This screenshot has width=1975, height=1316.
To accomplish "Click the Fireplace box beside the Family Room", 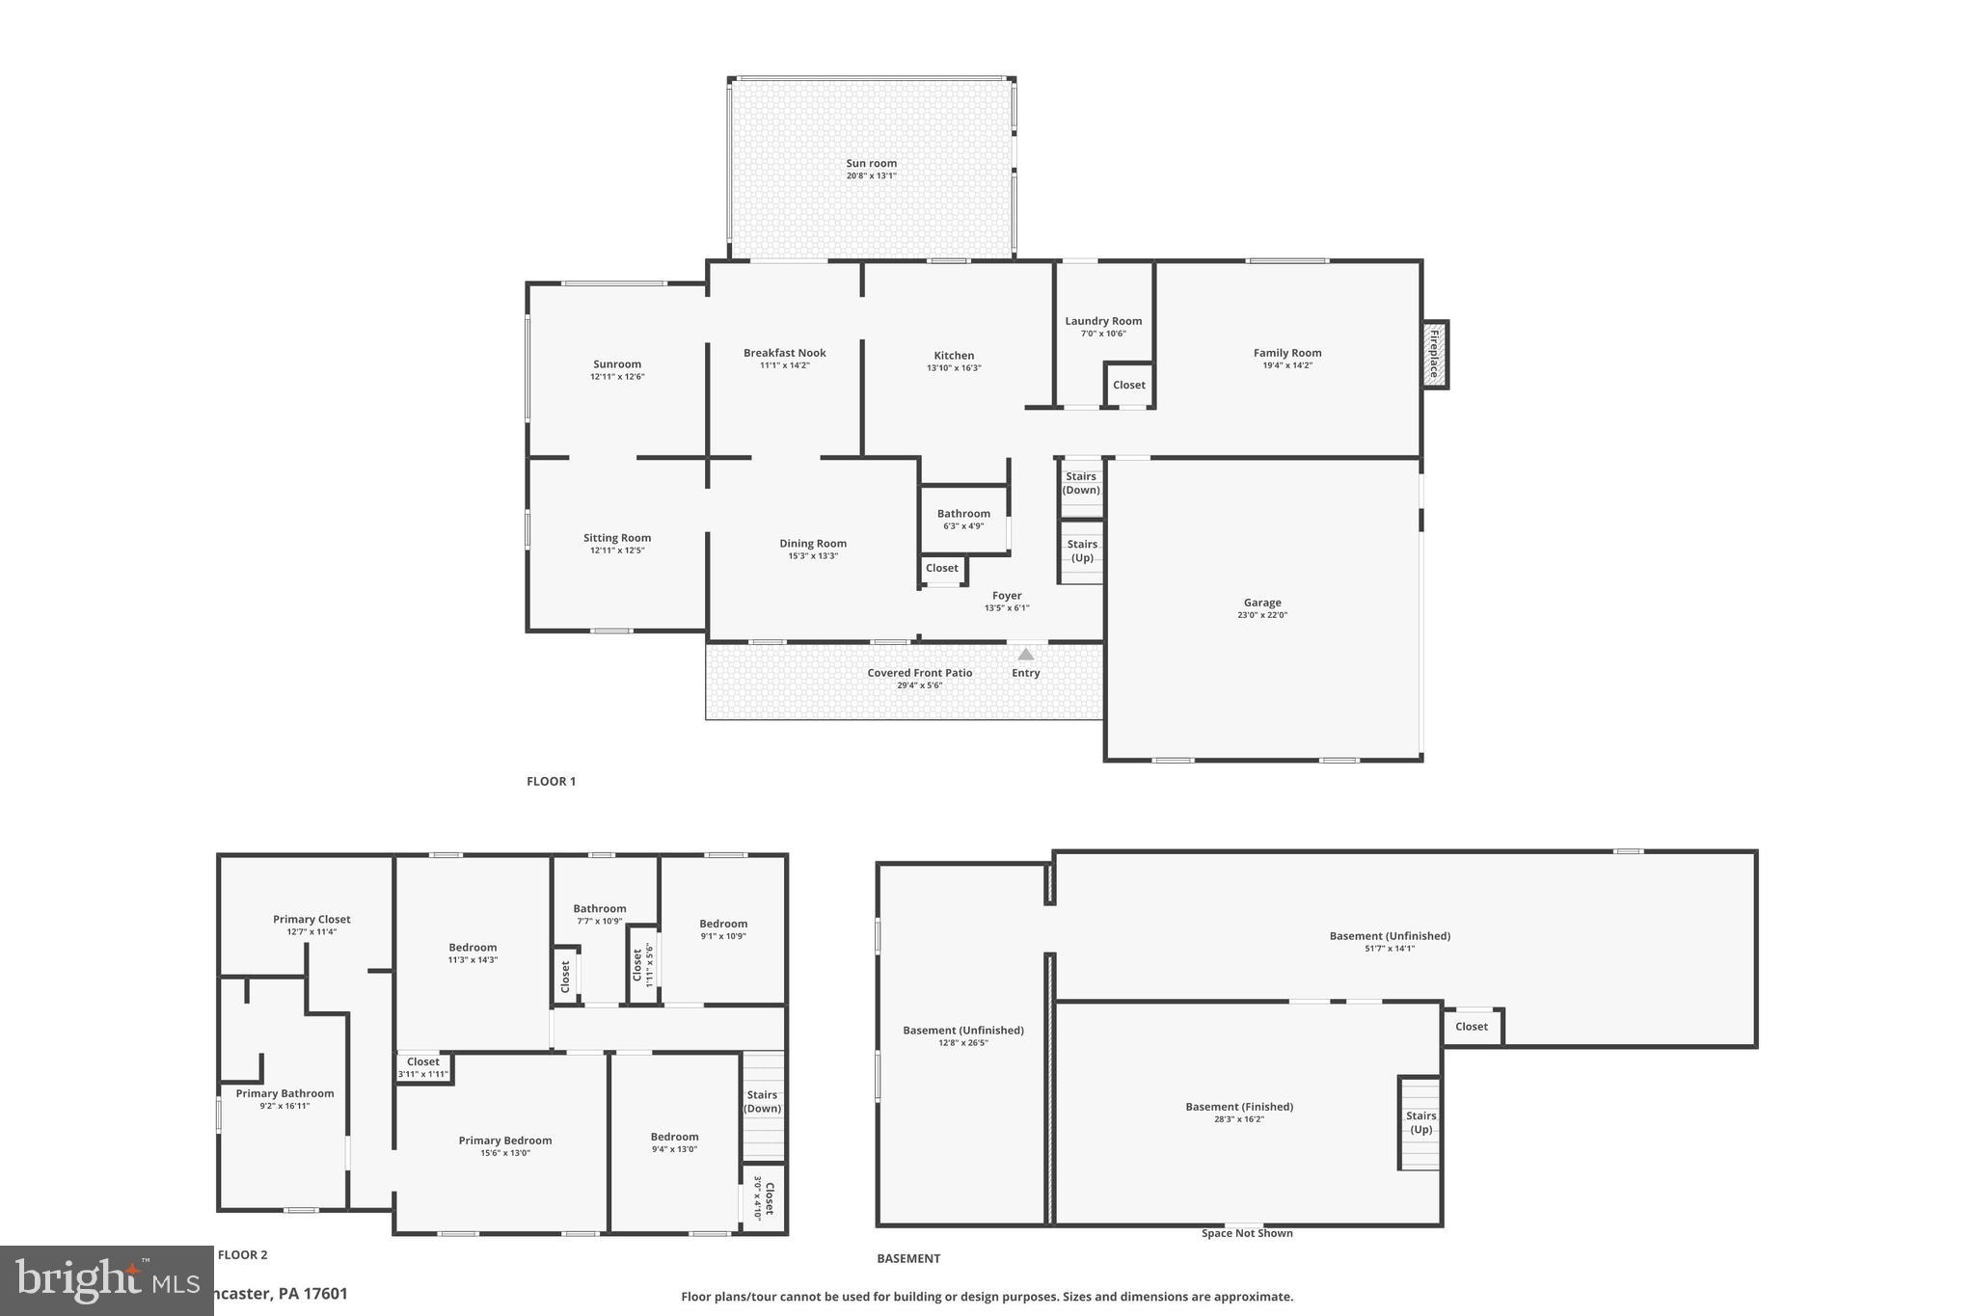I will tap(1434, 354).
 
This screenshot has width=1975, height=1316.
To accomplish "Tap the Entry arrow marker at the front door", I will tap(1026, 655).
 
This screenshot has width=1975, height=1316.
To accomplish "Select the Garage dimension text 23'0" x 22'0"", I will tap(1261, 615).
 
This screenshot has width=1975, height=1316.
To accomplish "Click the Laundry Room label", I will tap(1103, 321).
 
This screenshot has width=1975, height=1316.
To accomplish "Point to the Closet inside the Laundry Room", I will tap(1128, 385).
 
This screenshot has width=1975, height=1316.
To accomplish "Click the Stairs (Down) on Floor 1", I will tap(1081, 483).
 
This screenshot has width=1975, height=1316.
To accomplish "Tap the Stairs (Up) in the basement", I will tap(1420, 1122).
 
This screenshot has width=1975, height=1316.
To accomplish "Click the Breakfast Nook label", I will tap(784, 353).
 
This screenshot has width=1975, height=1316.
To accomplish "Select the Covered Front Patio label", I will tap(919, 673).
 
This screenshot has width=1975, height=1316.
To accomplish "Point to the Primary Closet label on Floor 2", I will tap(311, 920).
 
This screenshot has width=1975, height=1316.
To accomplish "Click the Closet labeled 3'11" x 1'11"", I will tap(422, 1067).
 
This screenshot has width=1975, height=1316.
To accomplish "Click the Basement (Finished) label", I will tap(1239, 1107).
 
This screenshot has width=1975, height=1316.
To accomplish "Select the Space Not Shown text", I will tap(1247, 1233).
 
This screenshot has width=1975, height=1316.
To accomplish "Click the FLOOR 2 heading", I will tap(243, 1254).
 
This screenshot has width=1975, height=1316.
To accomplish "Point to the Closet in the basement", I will tap(1472, 1027).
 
